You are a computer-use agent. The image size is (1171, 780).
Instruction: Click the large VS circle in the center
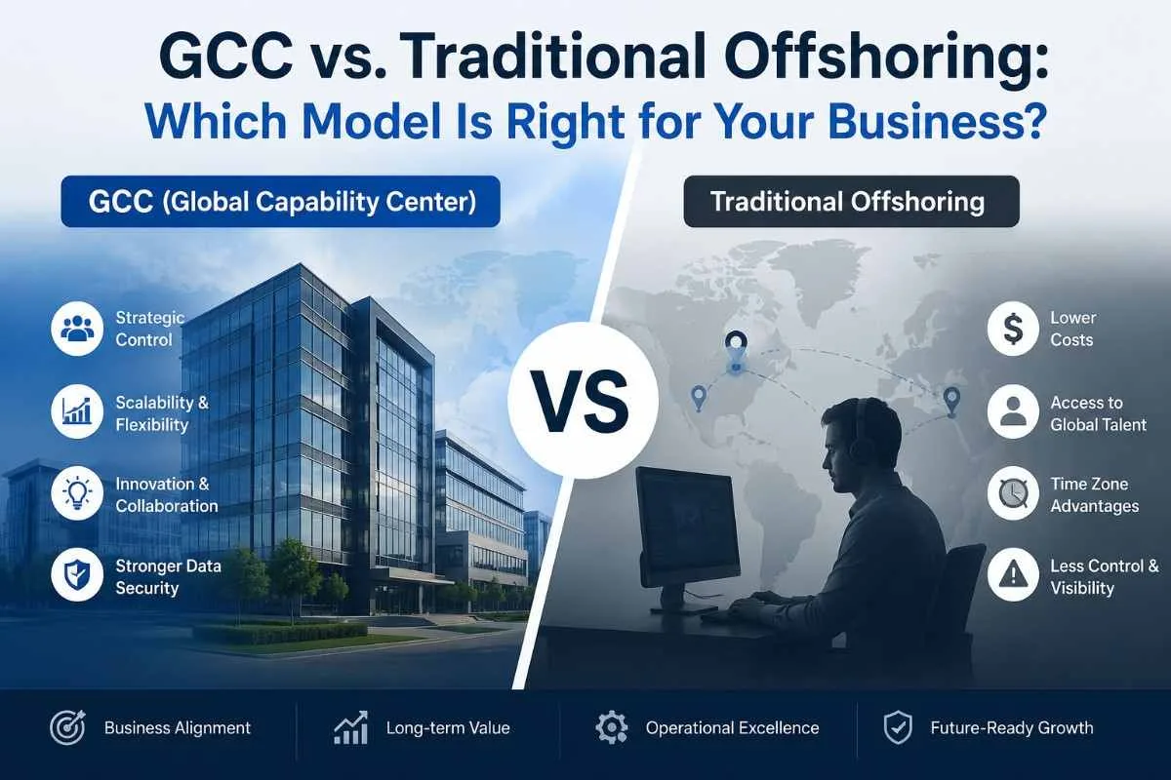(x=583, y=400)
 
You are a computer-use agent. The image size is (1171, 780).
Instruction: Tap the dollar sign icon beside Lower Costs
(x=1013, y=330)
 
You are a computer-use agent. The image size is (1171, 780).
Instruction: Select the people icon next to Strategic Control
(x=77, y=330)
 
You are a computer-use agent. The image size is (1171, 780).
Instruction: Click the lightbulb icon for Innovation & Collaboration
(x=77, y=493)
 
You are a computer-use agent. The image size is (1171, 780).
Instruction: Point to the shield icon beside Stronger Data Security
(x=77, y=575)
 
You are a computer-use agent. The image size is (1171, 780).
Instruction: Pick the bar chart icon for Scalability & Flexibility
(x=77, y=411)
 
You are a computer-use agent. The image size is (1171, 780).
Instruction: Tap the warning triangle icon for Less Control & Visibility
(x=1013, y=575)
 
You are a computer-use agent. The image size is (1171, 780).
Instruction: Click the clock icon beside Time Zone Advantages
(x=1013, y=493)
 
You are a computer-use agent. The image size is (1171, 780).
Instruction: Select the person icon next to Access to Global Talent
(x=1013, y=411)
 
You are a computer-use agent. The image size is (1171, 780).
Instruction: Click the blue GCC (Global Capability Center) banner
(x=281, y=202)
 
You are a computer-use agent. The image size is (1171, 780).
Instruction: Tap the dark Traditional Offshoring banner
(x=851, y=202)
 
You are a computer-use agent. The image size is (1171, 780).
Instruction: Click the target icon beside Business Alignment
(x=68, y=727)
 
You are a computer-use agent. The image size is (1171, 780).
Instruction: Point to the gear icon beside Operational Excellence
(x=612, y=727)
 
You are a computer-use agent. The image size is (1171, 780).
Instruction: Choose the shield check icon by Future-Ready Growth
(x=898, y=727)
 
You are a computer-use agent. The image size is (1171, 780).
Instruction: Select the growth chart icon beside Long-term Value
(x=350, y=727)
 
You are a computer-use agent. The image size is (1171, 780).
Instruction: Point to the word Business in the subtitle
(x=939, y=121)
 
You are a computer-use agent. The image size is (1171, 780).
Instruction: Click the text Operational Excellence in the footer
(x=733, y=727)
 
